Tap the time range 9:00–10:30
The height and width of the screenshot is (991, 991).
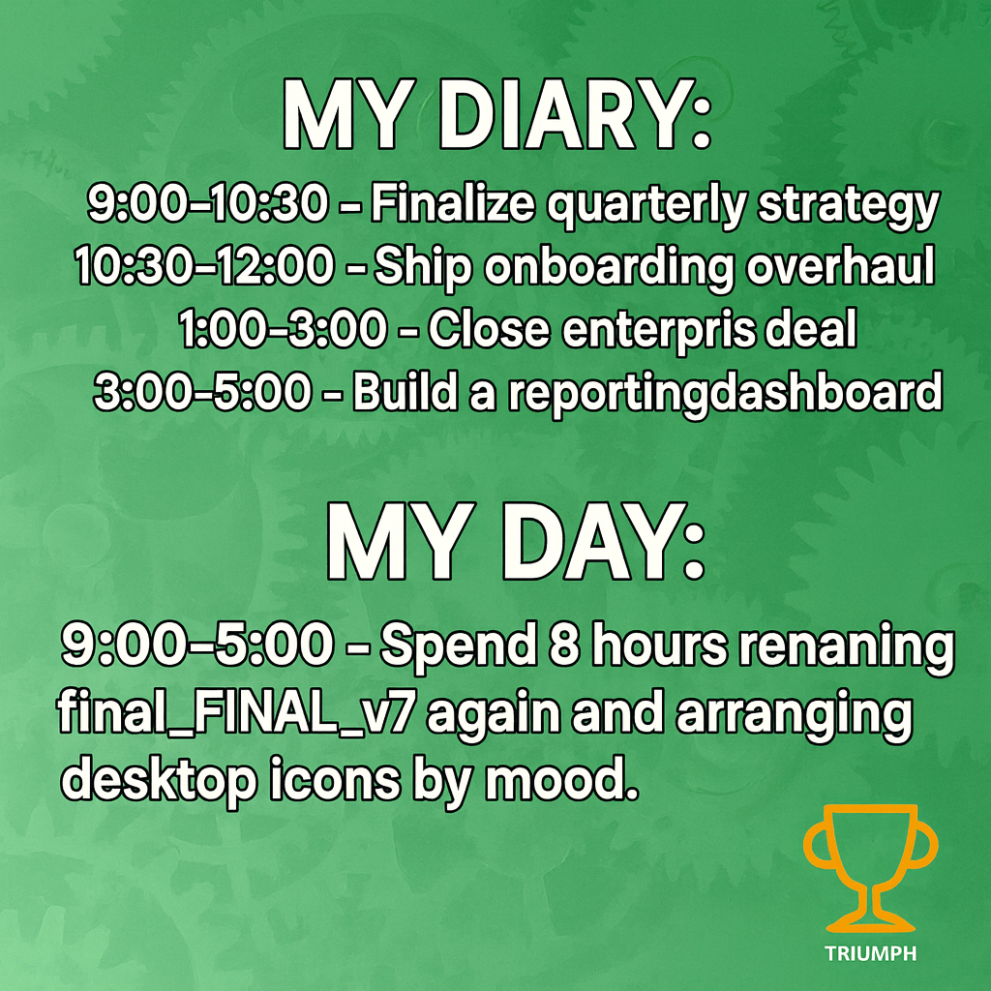click(207, 203)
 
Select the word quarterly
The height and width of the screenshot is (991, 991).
click(646, 206)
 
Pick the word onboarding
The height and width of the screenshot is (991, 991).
click(610, 268)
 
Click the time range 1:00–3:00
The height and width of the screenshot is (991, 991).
click(283, 329)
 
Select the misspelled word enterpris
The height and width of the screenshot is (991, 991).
click(658, 330)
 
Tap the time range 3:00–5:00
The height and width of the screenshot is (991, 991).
click(202, 392)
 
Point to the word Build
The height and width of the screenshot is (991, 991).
click(405, 391)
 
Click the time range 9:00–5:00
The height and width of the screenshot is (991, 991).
click(197, 645)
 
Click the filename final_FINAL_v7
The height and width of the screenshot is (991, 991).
click(236, 713)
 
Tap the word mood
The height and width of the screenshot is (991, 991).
click(559, 780)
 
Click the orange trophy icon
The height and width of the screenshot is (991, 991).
click(870, 868)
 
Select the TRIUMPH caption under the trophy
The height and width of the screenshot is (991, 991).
click(870, 953)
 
